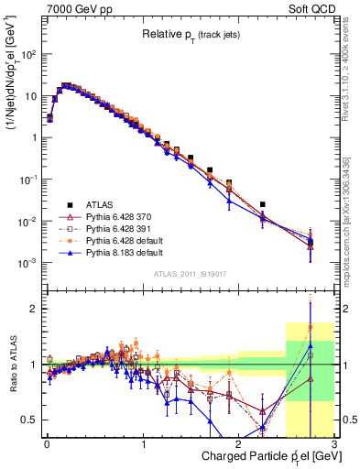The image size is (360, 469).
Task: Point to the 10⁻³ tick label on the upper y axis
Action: (x=27, y=263)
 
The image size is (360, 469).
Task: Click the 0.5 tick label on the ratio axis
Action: (x=30, y=420)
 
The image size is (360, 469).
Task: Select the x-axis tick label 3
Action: (x=334, y=443)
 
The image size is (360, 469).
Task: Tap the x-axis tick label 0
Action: (x=47, y=443)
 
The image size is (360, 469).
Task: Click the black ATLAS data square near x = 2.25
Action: (x=263, y=204)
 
